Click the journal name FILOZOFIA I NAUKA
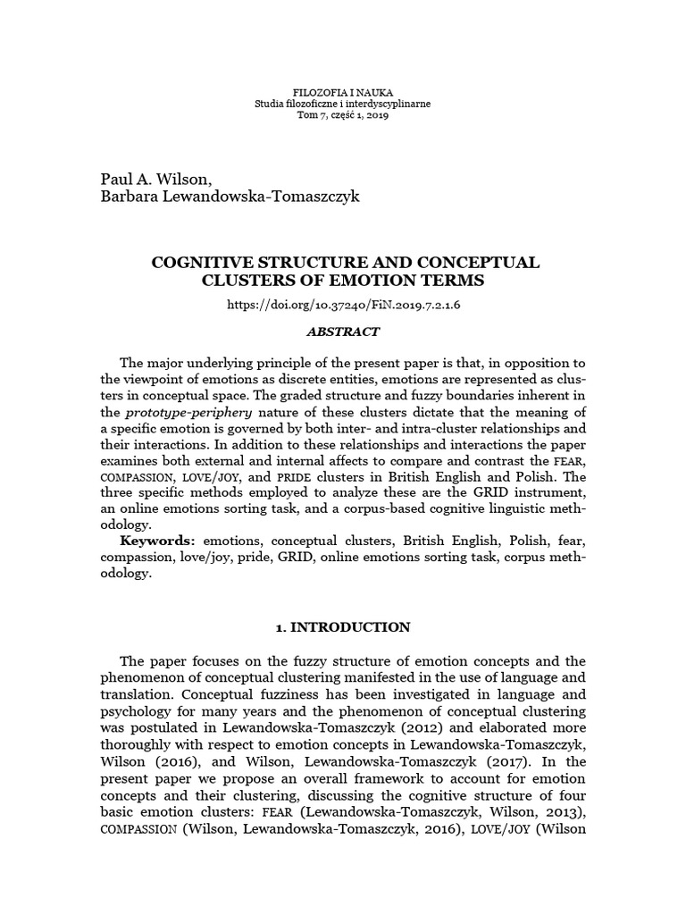pyautogui.click(x=343, y=92)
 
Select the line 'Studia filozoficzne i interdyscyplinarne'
pyautogui.click(x=343, y=105)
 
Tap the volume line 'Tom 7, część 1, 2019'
pyautogui.click(x=343, y=117)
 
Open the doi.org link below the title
pyautogui.click(x=343, y=304)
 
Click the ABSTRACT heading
pyautogui.click(x=343, y=332)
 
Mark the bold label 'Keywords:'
pyautogui.click(x=158, y=541)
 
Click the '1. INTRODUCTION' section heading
pyautogui.click(x=343, y=627)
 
